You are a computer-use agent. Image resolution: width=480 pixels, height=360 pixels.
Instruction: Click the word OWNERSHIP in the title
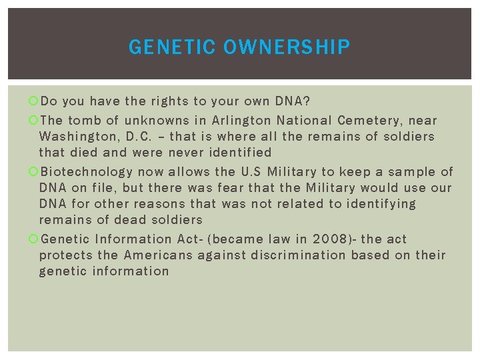287,47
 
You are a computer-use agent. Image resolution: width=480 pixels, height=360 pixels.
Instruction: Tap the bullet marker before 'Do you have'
34,102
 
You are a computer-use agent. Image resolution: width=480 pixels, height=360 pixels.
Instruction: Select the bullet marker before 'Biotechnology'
34,172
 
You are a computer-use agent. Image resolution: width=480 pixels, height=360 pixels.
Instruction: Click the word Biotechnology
87,172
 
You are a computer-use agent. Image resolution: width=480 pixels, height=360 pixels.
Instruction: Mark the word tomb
83,121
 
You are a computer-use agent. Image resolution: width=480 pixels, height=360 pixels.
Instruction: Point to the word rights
169,102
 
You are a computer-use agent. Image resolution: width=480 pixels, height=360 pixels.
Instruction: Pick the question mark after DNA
307,102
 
